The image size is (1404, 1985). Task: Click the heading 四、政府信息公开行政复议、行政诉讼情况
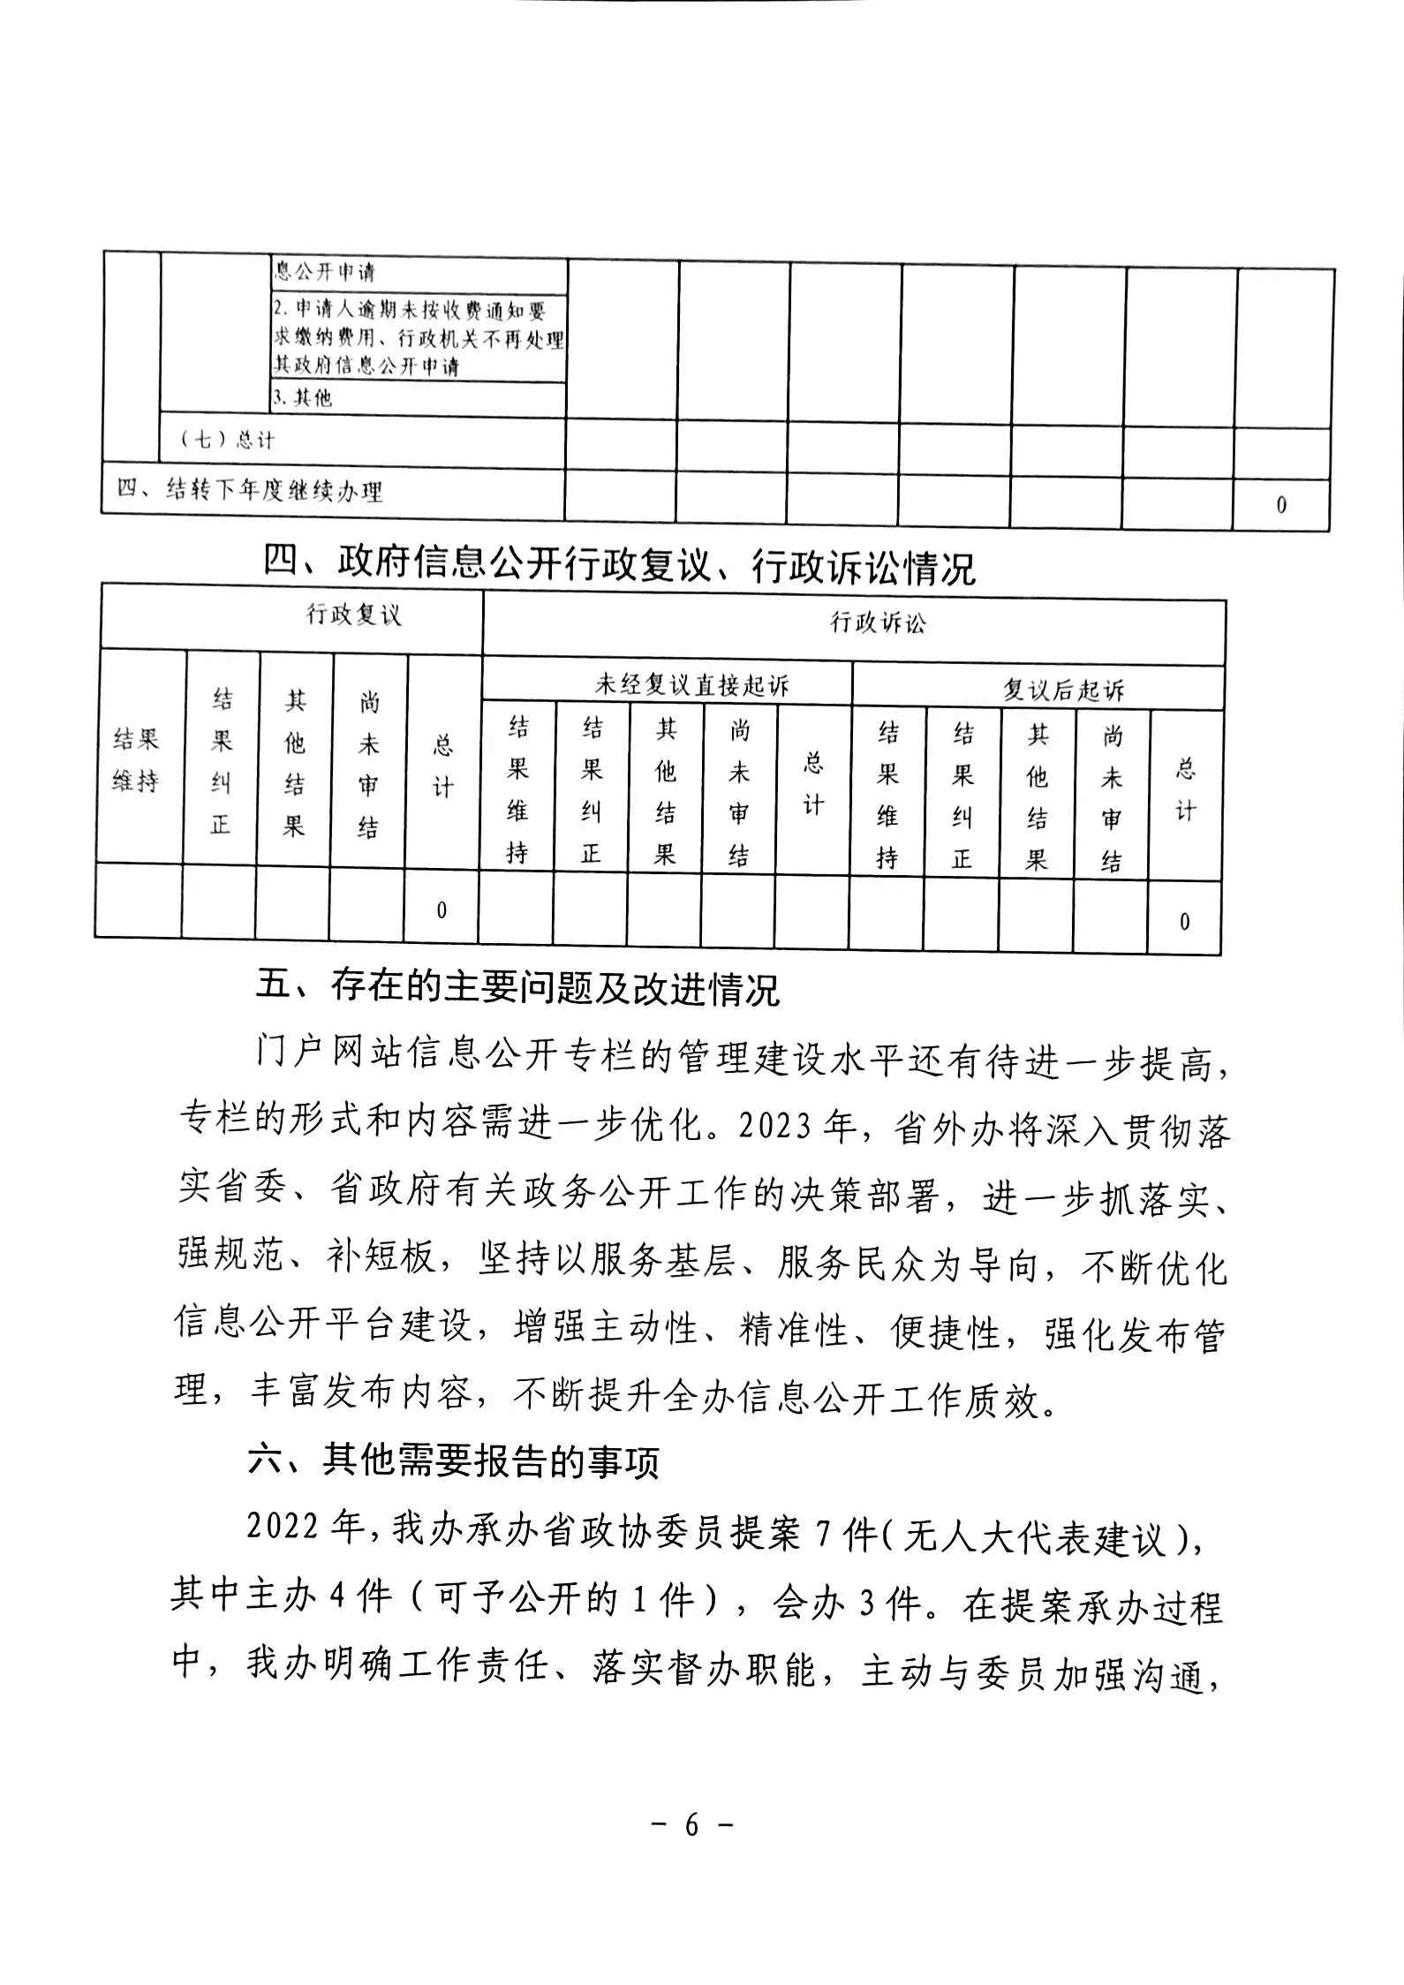point(619,565)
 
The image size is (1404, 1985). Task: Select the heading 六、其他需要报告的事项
point(454,1460)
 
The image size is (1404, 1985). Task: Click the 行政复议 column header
point(353,615)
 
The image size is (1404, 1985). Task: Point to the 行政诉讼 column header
point(878,623)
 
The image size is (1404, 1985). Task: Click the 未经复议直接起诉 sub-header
point(692,685)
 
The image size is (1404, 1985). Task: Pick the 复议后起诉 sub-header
point(1063,690)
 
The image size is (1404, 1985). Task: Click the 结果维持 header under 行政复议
point(136,759)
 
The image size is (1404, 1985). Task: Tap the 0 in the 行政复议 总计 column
point(442,910)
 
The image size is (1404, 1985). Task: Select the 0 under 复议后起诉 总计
point(1185,922)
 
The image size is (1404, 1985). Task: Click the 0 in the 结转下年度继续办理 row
point(1281,505)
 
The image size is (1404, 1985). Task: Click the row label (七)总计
point(227,439)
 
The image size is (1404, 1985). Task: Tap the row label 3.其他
point(302,397)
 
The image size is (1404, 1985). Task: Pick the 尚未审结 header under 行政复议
point(368,765)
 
